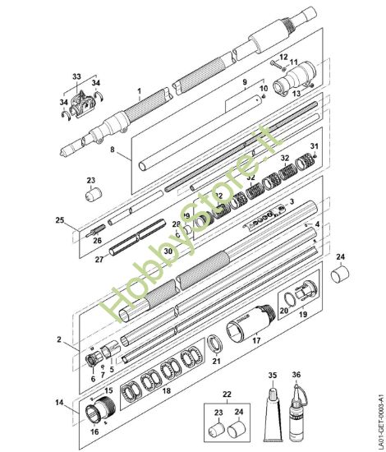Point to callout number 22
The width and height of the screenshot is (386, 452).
point(227,394)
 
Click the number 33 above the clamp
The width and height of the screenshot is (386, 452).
point(76,76)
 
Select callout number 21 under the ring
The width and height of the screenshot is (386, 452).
point(217,360)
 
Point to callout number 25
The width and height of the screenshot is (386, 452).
point(58,220)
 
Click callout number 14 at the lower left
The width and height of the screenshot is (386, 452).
point(59,403)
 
